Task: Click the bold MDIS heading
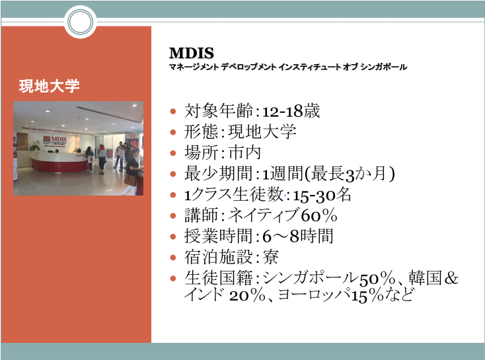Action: (192, 53)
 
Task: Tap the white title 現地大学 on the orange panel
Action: (49, 86)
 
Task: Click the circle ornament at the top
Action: (81, 22)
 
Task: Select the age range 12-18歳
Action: (291, 111)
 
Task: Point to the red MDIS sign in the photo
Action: (56, 140)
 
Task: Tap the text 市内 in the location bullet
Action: (244, 153)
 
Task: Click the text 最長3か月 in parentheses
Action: (349, 174)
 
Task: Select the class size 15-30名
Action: (322, 195)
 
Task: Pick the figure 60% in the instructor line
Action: (319, 215)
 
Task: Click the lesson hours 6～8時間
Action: (297, 236)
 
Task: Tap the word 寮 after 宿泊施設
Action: (270, 258)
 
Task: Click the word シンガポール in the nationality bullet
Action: (310, 277)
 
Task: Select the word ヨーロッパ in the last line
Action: (315, 295)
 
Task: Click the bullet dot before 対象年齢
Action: (173, 111)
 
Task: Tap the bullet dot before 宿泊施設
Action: (173, 258)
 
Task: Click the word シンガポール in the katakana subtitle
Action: (383, 67)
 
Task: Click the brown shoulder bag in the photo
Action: (130, 180)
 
